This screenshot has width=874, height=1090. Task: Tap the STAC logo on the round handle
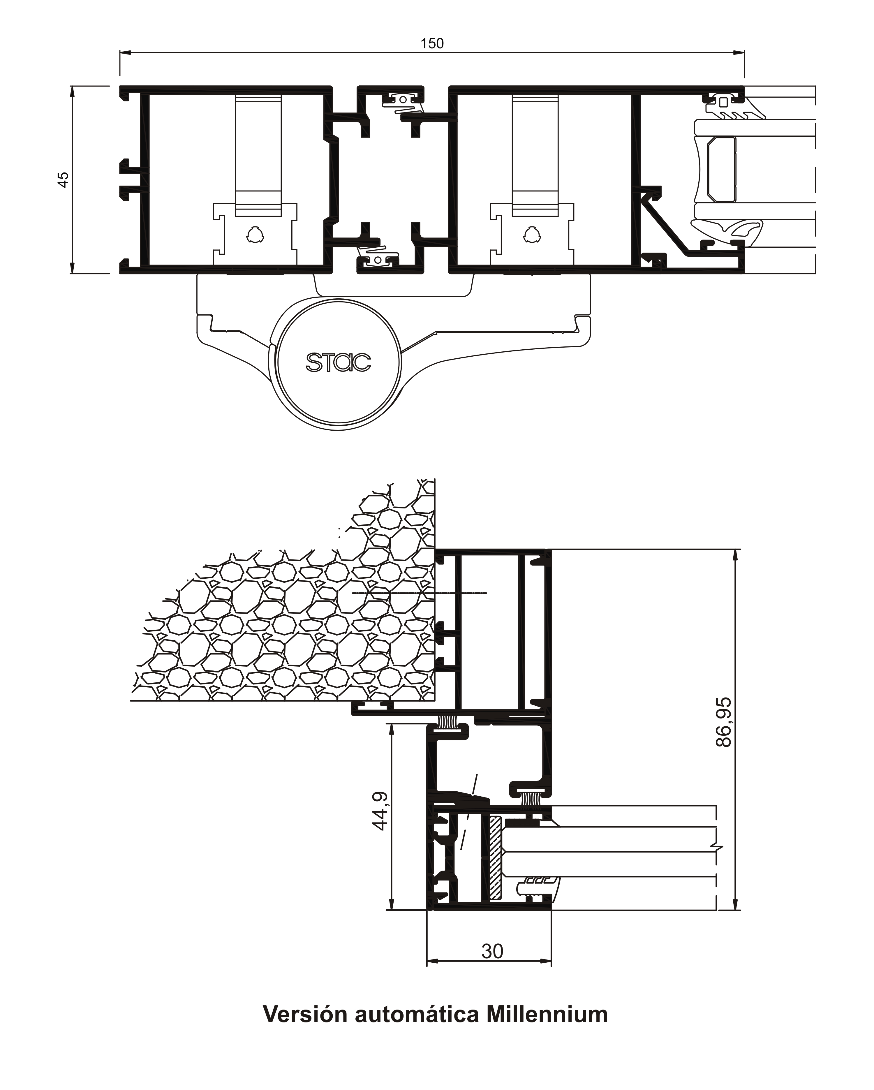[338, 362]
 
